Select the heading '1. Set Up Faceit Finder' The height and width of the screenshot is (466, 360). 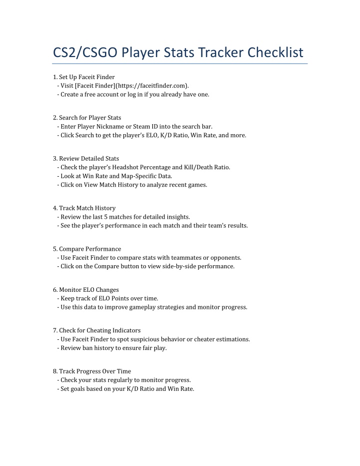pos(84,77)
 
